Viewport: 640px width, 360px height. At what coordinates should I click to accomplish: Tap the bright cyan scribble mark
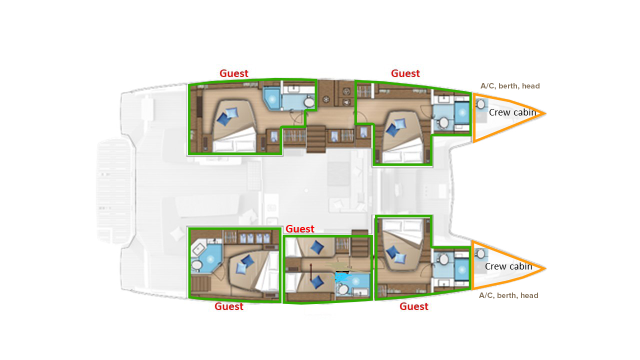[341, 276]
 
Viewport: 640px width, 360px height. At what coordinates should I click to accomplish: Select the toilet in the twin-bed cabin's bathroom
[343, 289]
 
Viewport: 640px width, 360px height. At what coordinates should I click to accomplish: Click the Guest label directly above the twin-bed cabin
[299, 229]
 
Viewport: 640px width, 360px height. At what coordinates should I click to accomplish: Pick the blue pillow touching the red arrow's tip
[317, 281]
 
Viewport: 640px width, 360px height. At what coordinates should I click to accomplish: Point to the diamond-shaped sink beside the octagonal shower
[198, 249]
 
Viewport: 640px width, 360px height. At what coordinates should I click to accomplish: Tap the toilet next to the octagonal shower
[196, 265]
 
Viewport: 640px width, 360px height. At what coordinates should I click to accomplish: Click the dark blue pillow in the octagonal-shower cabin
[247, 261]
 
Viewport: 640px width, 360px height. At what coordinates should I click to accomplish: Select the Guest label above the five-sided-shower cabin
[233, 73]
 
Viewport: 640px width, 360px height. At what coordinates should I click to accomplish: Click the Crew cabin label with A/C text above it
[512, 112]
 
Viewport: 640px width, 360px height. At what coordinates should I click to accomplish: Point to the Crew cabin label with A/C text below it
[508, 266]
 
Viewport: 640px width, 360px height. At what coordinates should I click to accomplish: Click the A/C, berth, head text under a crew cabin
[508, 295]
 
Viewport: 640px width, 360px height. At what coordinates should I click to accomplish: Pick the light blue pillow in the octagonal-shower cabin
[241, 269]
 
